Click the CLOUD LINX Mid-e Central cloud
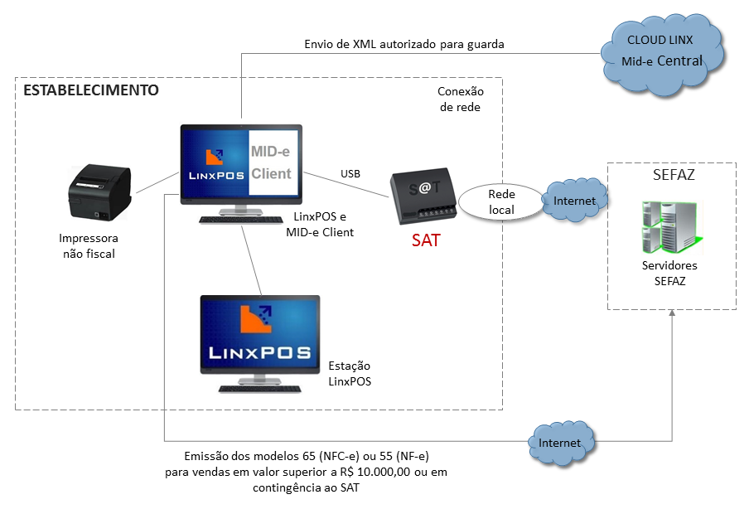664,51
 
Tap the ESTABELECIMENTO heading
90,90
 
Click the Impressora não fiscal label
88,246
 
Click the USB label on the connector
350,174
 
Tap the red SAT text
426,241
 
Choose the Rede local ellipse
501,201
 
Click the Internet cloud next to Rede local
574,200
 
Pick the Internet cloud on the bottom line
559,442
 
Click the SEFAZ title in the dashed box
671,176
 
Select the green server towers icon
669,227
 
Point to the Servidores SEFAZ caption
669,274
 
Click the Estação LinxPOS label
350,374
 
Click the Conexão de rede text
460,99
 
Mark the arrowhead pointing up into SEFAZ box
673,317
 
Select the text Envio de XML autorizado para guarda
404,43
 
